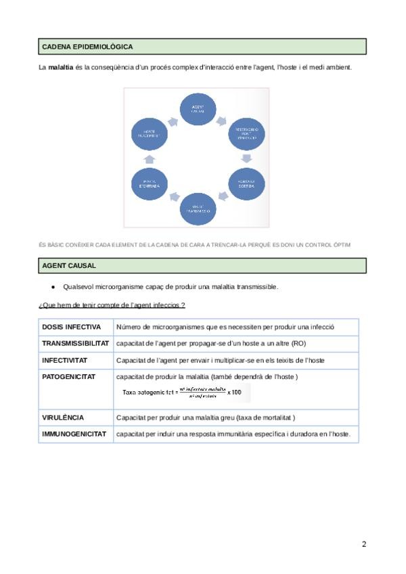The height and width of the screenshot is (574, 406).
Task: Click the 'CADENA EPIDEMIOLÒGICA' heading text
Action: (x=87, y=47)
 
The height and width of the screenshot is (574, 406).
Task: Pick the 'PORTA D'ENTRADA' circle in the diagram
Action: (x=150, y=184)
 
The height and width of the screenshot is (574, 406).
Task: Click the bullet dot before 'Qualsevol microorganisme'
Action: (x=53, y=286)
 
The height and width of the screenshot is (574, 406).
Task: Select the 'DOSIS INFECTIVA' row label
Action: (x=72, y=327)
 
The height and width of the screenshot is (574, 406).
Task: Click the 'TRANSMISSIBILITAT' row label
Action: (x=76, y=343)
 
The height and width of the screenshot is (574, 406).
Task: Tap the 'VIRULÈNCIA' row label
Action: (x=63, y=418)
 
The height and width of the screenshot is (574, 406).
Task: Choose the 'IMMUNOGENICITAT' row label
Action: (x=74, y=434)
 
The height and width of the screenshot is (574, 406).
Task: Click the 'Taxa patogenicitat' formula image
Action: (x=183, y=392)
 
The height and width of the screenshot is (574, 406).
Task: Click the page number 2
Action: (x=364, y=544)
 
